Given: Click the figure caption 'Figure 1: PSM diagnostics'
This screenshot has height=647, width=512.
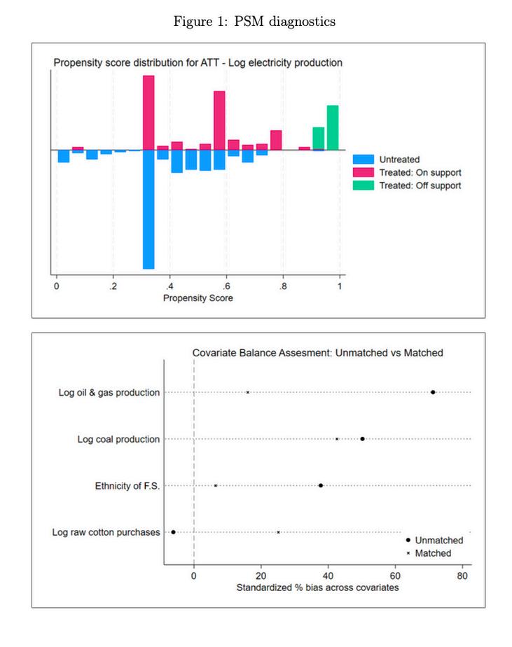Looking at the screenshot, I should point(255,22).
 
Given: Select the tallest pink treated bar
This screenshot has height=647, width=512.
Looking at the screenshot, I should point(148,112).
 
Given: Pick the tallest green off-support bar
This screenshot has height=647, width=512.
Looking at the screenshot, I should point(333,127).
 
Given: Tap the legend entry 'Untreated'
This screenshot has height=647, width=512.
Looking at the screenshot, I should point(399,160).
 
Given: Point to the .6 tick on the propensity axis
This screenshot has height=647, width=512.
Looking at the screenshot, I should point(226,286).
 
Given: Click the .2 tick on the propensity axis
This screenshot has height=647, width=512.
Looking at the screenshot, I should point(113,286).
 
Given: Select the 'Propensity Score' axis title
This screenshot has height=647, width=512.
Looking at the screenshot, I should point(198,298).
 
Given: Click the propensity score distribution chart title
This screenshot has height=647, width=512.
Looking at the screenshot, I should point(198,63).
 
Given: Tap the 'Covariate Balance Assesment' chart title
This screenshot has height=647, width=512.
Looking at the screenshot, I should point(318,353).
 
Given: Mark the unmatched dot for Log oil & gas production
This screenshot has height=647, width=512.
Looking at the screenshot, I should point(433,392).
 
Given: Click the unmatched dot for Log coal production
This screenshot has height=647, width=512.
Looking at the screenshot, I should point(362,439).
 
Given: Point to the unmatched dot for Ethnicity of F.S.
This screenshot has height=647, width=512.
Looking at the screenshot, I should point(320,485).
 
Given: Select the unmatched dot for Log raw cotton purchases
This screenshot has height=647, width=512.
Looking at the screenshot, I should point(173,532).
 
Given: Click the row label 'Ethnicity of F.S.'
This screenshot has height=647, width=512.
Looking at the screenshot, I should point(127,486).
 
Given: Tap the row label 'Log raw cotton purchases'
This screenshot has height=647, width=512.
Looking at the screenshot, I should point(106,533).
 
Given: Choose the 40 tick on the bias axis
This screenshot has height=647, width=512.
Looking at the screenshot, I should point(328,577).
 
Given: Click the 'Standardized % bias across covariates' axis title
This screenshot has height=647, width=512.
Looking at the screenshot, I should point(317,588).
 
